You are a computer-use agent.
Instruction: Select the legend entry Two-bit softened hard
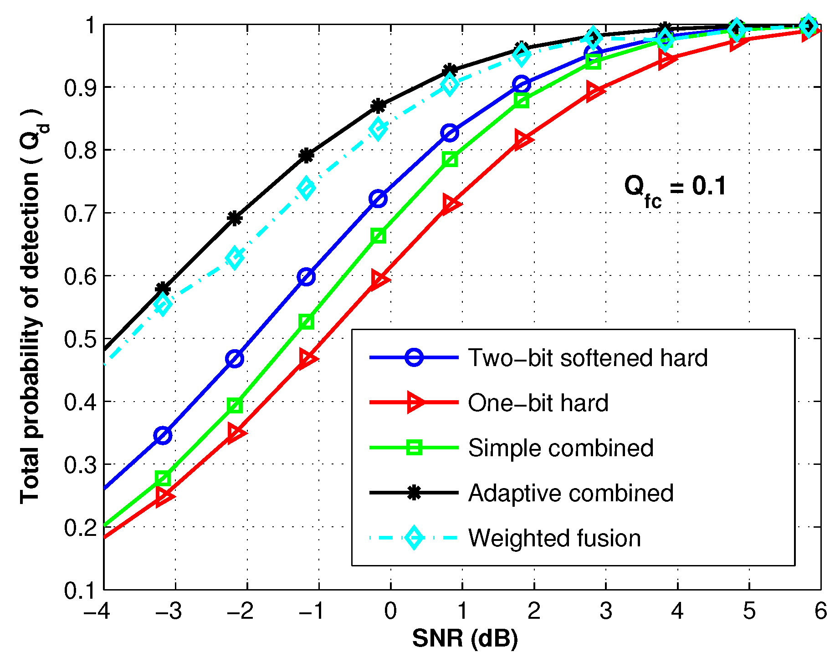[588, 358]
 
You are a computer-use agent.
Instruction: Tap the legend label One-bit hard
[538, 403]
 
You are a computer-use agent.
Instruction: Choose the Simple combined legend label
[561, 448]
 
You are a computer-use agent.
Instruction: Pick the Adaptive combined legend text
[571, 493]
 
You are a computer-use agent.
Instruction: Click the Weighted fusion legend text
[554, 538]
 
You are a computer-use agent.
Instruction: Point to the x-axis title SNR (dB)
[465, 638]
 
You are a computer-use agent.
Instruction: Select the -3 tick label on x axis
[169, 611]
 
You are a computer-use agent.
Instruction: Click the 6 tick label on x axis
[820, 611]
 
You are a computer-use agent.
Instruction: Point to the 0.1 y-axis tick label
[79, 591]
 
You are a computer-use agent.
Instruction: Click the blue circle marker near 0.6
[306, 277]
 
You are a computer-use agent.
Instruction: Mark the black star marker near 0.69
[235, 219]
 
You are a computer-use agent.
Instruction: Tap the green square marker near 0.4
[235, 405]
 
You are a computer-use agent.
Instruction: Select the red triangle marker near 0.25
[163, 497]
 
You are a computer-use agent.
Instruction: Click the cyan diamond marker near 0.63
[235, 258]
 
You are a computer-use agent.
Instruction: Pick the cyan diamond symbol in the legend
[414, 538]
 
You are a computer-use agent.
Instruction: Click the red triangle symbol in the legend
[415, 403]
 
